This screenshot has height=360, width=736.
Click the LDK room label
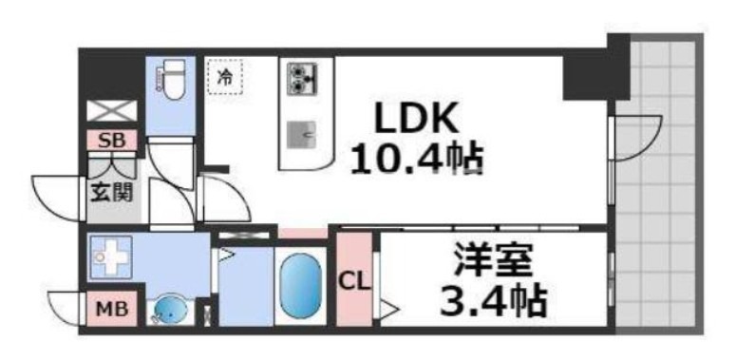[416, 120]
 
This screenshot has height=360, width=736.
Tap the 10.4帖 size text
[417, 159]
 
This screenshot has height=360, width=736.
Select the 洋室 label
[493, 262]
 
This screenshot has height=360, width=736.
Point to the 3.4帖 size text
[493, 301]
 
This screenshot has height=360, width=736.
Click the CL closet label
[355, 282]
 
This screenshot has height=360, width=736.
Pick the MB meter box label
[112, 310]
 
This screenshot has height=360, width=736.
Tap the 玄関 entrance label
[112, 193]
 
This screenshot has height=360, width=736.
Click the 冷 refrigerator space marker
[225, 77]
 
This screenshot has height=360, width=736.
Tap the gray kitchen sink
[301, 135]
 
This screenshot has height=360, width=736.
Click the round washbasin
[170, 310]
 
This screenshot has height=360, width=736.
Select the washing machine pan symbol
[111, 257]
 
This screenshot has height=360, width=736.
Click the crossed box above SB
[112, 111]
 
